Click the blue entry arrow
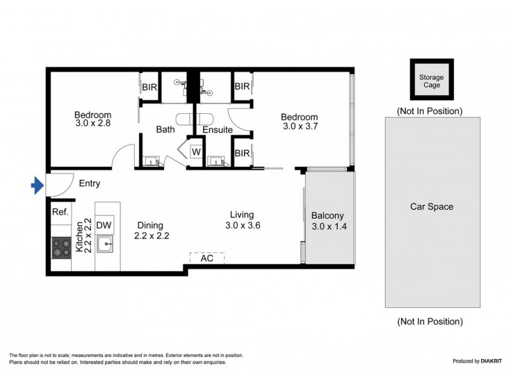pyautogui.click(x=37, y=186)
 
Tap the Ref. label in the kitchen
pyautogui.click(x=60, y=212)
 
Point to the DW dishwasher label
pyautogui.click(x=105, y=225)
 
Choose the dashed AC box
pyautogui.click(x=207, y=259)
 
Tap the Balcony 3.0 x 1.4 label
pyautogui.click(x=328, y=221)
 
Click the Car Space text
pyautogui.click(x=431, y=207)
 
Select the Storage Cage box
pyautogui.click(x=431, y=81)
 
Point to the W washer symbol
pyautogui.click(x=196, y=152)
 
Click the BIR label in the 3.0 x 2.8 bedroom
pyautogui.click(x=149, y=86)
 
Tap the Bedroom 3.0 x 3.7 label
pyautogui.click(x=300, y=122)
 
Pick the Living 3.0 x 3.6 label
pyautogui.click(x=243, y=220)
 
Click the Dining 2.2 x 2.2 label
pyautogui.click(x=151, y=230)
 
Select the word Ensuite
pyautogui.click(x=217, y=130)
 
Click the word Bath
pyautogui.click(x=165, y=130)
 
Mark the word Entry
pyautogui.click(x=89, y=184)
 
